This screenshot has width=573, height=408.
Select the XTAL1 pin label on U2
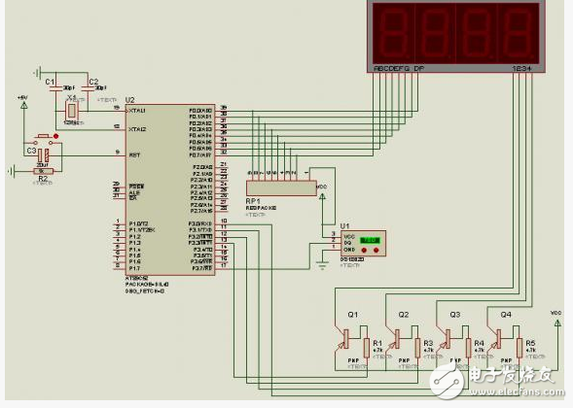pos(137,111)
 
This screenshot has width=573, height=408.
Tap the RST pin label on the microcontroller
pos(133,153)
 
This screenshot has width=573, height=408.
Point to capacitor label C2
pos(93,82)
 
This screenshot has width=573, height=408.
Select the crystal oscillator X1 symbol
pos(71,112)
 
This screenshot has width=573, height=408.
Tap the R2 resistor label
pos(42,180)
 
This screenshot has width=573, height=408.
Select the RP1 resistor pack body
pos(278,186)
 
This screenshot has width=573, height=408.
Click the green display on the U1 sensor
pos(369,240)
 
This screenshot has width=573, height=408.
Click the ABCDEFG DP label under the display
pos(399,69)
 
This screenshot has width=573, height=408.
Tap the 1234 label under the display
pos(522,69)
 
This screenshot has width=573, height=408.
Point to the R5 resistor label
pos(530,342)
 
